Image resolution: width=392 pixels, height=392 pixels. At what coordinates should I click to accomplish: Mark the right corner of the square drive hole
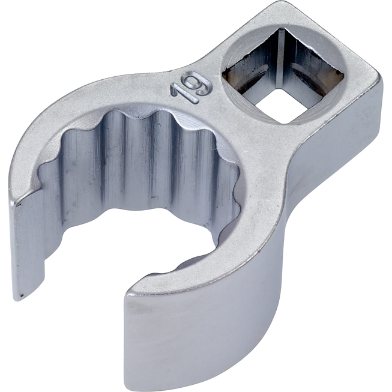tap(342, 72)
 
